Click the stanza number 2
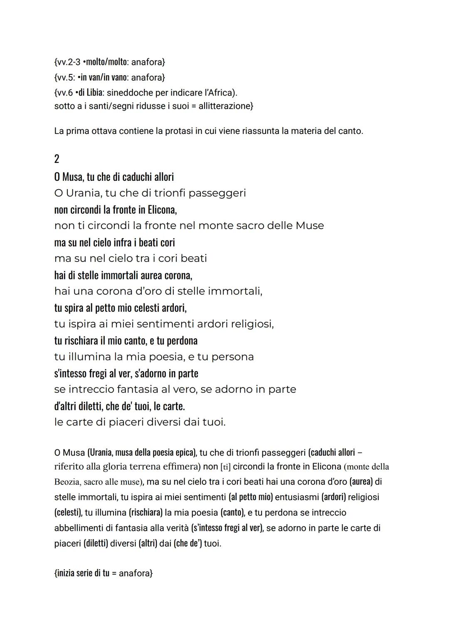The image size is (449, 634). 57,159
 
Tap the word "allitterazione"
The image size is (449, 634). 225,106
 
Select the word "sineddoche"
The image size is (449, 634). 127,92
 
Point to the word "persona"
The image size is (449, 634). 232,357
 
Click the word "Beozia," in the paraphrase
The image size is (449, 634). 67,482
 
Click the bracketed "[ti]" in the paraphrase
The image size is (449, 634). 225,467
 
